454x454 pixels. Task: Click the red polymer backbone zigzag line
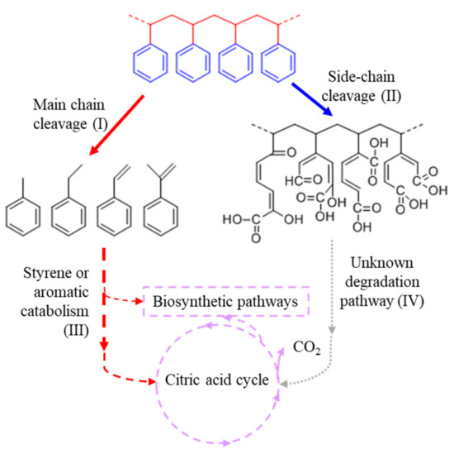pos(215,20)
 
